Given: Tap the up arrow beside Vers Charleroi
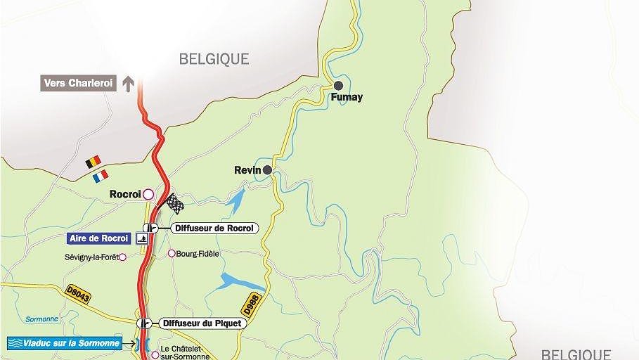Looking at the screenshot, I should tap(128, 84).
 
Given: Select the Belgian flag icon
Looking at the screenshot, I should tap(93, 162).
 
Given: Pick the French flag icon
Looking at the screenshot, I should tap(101, 175).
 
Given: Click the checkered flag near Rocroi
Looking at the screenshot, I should tap(174, 203).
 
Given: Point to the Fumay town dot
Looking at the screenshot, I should tap(338, 86).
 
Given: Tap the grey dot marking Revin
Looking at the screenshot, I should tap(267, 169).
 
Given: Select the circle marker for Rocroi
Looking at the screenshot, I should tap(148, 193).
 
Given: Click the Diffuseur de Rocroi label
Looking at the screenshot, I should tap(214, 228).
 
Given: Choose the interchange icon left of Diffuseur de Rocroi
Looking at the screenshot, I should tap(149, 228).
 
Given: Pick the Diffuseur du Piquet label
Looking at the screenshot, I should tap(201, 323).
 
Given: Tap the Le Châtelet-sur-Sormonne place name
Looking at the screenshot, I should tap(184, 352).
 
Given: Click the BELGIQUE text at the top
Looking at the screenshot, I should tap(214, 59).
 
